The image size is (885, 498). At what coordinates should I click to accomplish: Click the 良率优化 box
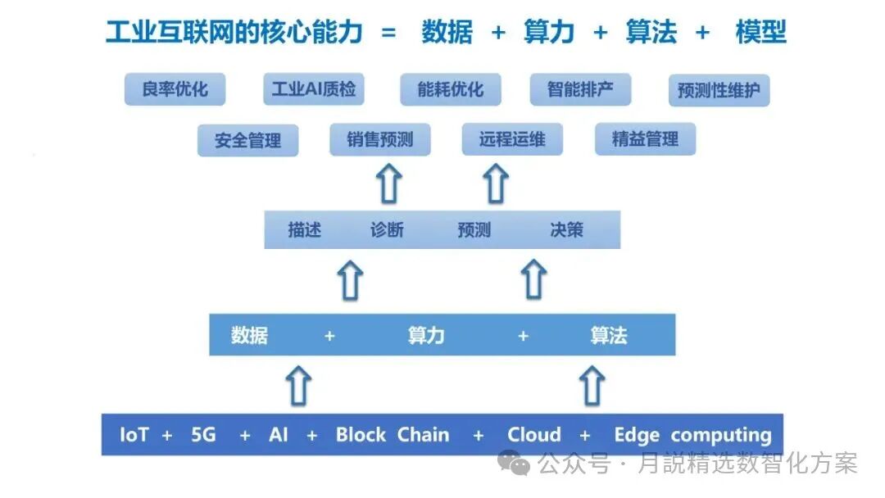(x=175, y=89)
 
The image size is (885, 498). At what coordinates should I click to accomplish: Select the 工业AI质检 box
(x=313, y=89)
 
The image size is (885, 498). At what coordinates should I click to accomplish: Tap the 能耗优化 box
(x=450, y=89)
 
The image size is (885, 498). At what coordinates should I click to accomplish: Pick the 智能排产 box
(x=580, y=89)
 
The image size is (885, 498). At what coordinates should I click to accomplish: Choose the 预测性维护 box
(x=719, y=91)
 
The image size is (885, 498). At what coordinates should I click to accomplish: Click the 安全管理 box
(x=247, y=140)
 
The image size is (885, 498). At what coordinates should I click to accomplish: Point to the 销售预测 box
(x=379, y=139)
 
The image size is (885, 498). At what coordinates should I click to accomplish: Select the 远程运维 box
(x=512, y=139)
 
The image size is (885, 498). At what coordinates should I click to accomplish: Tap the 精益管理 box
(x=645, y=139)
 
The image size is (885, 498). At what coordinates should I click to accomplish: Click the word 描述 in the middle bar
(x=304, y=229)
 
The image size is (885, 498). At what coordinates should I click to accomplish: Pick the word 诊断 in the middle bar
(x=387, y=229)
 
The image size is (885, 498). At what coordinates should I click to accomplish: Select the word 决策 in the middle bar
(x=566, y=229)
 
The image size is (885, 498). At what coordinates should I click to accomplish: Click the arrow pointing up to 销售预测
(x=390, y=183)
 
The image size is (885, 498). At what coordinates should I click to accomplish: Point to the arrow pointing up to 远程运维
(x=495, y=183)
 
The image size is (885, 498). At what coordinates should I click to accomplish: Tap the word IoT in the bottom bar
(x=134, y=435)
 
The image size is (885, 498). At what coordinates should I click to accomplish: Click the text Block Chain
(x=392, y=435)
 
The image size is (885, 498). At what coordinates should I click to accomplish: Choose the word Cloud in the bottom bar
(x=533, y=435)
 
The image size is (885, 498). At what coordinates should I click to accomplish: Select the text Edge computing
(x=692, y=436)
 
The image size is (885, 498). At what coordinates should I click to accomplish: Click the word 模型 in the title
(x=760, y=32)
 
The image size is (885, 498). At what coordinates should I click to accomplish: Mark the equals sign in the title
(x=388, y=33)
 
